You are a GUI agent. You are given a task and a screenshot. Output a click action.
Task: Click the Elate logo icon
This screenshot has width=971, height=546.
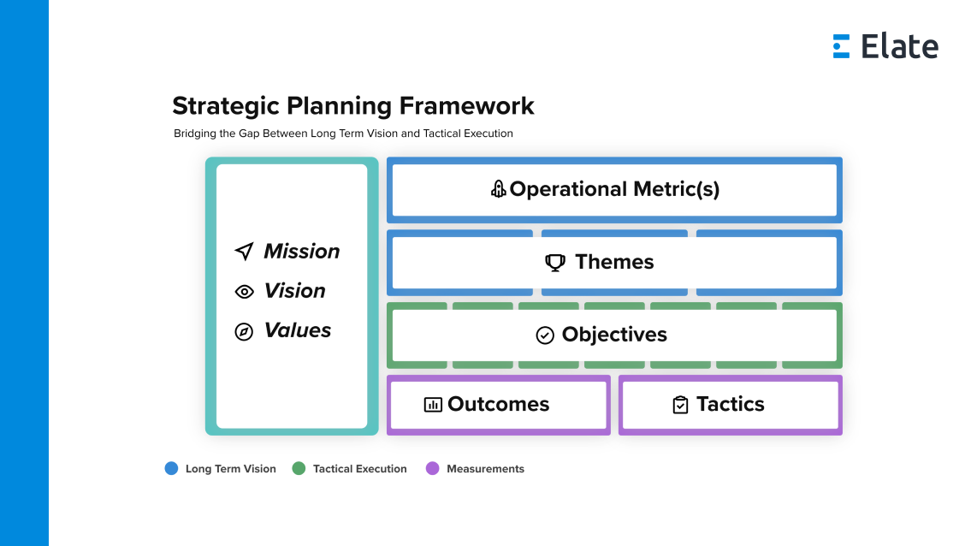(x=841, y=46)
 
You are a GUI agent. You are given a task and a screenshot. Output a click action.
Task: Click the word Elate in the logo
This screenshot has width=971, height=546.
(x=899, y=46)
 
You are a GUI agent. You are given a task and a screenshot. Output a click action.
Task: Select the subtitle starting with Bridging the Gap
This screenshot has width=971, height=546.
(x=343, y=134)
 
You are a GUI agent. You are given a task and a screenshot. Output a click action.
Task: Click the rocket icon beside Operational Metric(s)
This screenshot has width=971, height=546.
(x=498, y=189)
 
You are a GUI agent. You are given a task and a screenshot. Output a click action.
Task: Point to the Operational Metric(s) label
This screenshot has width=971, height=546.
(x=614, y=189)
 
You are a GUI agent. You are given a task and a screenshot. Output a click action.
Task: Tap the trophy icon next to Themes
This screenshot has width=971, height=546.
(x=555, y=263)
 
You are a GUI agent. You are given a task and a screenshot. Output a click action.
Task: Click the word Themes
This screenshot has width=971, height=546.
(x=614, y=262)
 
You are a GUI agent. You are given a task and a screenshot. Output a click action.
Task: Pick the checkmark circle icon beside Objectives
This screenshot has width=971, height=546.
(x=545, y=335)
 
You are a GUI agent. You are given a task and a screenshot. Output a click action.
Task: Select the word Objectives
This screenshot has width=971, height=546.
(x=614, y=335)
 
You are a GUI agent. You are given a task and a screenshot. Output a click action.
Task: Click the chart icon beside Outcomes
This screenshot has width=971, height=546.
(x=433, y=405)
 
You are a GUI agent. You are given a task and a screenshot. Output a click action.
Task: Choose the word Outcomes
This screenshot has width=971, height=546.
(x=498, y=404)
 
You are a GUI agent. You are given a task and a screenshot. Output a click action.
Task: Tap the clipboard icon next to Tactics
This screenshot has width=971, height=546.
(x=680, y=405)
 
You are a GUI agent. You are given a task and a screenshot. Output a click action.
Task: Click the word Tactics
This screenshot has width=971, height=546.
(x=730, y=404)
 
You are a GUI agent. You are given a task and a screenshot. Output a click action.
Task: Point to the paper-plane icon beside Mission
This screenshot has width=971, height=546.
(x=244, y=252)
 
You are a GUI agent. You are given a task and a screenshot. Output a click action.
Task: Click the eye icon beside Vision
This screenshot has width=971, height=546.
(x=244, y=292)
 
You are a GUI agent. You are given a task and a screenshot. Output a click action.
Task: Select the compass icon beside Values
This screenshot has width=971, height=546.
(x=244, y=331)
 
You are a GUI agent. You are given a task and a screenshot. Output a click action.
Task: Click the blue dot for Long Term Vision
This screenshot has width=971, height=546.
(x=171, y=468)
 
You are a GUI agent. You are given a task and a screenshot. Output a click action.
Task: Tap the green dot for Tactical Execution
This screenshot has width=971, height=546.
(x=299, y=468)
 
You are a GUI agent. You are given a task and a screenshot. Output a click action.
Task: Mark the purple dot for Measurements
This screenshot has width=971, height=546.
(x=432, y=468)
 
